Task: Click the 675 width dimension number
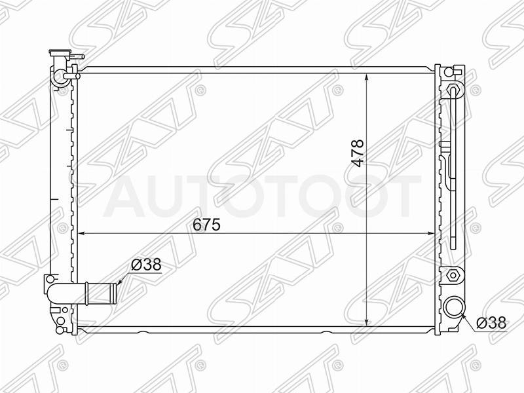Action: point(206,225)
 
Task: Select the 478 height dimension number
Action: point(358,153)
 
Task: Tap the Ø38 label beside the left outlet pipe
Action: point(146,265)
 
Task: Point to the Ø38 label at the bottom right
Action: point(491,323)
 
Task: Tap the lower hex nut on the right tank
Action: point(453,276)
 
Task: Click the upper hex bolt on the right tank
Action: point(454,89)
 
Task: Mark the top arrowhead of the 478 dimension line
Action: point(367,77)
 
